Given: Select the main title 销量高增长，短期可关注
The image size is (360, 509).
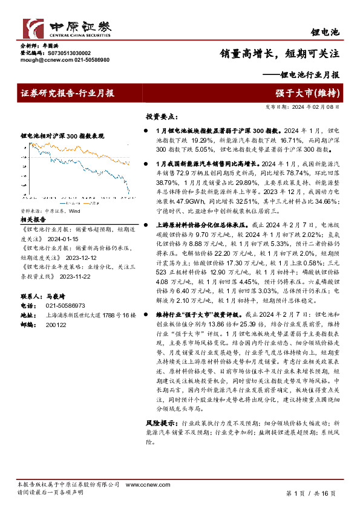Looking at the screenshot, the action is tap(280, 53).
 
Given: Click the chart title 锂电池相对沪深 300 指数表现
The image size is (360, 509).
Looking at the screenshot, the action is tap(62, 137).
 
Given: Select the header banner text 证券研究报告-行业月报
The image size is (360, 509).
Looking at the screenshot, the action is tap(68, 93).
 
